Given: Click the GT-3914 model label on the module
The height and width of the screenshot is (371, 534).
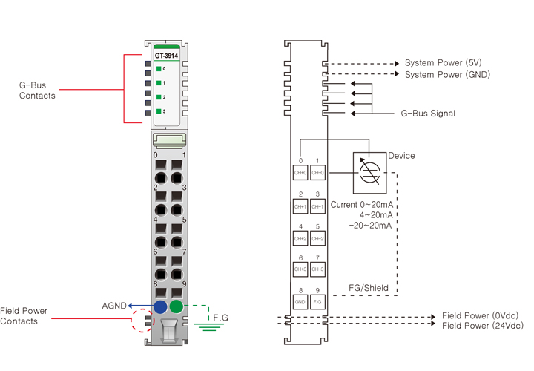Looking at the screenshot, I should [167, 56].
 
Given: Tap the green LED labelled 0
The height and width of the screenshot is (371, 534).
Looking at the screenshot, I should [159, 69].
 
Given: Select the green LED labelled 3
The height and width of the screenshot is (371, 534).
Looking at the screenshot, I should [159, 111].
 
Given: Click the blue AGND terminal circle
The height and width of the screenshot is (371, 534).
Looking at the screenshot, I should [160, 306].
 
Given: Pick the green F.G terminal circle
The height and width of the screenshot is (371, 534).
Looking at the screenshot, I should [177, 306].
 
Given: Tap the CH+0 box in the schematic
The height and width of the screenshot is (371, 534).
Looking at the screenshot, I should [300, 173].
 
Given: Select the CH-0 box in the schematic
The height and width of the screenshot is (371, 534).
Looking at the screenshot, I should [317, 173].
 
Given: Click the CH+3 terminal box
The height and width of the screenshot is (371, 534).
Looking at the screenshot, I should [300, 269].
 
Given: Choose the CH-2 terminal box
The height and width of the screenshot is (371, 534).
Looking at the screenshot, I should [317, 239].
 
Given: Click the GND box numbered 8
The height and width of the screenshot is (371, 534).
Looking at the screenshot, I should [300, 302].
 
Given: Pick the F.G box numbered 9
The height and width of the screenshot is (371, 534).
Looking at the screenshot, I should [317, 302].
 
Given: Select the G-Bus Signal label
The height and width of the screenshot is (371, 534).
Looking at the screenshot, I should [428, 114].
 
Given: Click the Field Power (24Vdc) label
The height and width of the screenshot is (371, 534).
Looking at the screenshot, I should [482, 326].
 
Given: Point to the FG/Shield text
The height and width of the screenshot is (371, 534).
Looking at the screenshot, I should [369, 288].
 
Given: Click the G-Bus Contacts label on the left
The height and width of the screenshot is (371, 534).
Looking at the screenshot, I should [37, 91].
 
